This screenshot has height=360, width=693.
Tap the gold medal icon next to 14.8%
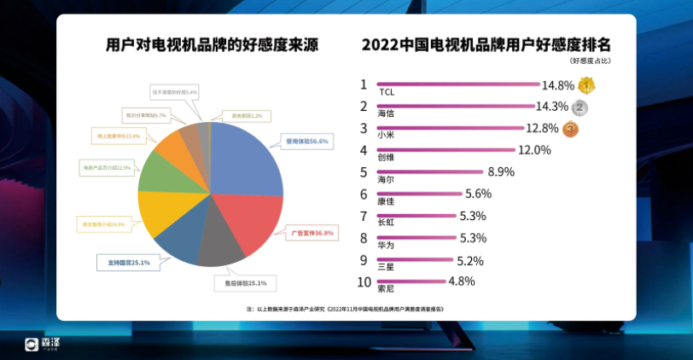pyautogui.click(x=585, y=85)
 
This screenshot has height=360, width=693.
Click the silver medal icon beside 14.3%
pyautogui.click(x=581, y=107)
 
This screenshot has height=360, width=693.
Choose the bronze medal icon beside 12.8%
pyautogui.click(x=570, y=130)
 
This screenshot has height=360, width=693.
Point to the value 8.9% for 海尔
pyautogui.click(x=500, y=172)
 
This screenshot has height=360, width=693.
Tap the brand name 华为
pyautogui.click(x=385, y=244)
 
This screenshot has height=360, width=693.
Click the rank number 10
pyautogui.click(x=364, y=282)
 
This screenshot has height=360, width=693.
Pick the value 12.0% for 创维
pyautogui.click(x=534, y=150)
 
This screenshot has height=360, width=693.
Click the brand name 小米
pyautogui.click(x=385, y=134)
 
